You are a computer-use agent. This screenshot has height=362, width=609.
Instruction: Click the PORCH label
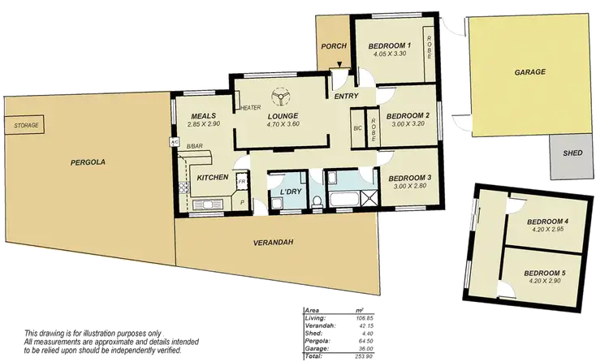click(x=333, y=46)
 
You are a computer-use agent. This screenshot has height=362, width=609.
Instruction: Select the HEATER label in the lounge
click(x=250, y=106)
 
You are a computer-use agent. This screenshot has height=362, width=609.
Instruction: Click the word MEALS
click(x=202, y=115)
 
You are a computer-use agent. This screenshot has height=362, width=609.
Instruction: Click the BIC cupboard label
click(x=357, y=128)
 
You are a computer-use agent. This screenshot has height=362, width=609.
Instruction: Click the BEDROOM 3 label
click(x=408, y=178)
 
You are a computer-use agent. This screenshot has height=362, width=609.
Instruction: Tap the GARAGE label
click(x=529, y=72)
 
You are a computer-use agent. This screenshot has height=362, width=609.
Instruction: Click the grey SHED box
click(x=569, y=156)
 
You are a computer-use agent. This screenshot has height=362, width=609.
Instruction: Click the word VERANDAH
click(x=272, y=243)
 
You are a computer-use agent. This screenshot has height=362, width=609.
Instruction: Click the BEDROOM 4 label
click(x=547, y=222)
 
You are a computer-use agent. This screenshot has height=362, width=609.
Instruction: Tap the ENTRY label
click(x=347, y=97)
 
